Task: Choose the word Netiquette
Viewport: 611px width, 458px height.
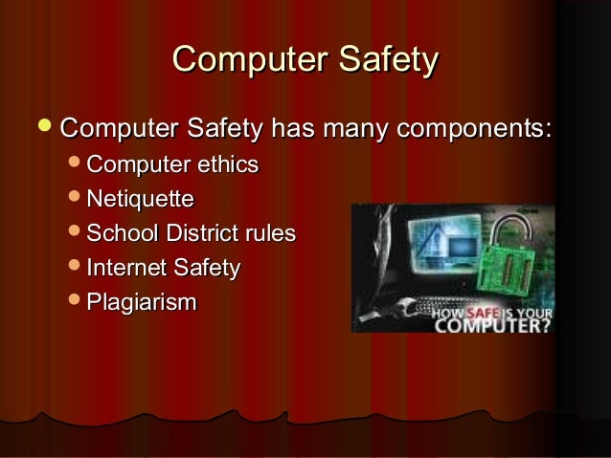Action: [140, 199]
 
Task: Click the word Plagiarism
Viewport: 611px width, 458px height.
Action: [141, 302]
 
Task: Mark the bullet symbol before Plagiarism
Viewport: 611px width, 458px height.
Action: [75, 302]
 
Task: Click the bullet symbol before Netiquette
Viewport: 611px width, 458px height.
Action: [75, 199]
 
